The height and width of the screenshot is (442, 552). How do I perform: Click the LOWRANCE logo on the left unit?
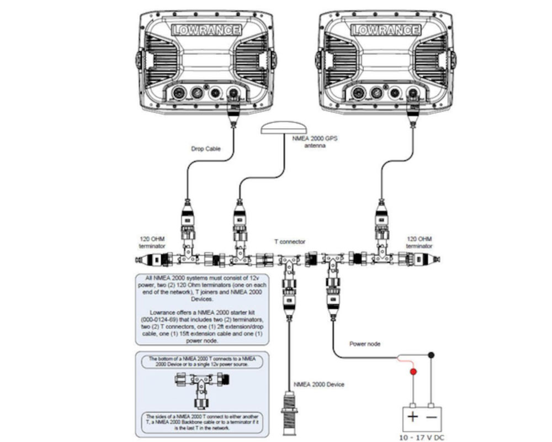click(x=205, y=30)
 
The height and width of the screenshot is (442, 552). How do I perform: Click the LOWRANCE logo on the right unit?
click(x=385, y=30)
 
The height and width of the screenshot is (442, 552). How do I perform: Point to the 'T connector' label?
click(x=289, y=241)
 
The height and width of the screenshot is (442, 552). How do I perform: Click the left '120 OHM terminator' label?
click(x=151, y=243)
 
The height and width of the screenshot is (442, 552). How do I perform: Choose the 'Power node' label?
click(x=365, y=344)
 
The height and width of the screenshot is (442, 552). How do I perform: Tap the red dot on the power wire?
click(x=412, y=372)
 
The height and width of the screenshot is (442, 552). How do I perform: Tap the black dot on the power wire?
click(x=432, y=355)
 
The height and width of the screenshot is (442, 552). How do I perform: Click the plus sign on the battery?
click(x=413, y=416)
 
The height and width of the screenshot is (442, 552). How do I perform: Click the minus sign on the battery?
click(x=432, y=416)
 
